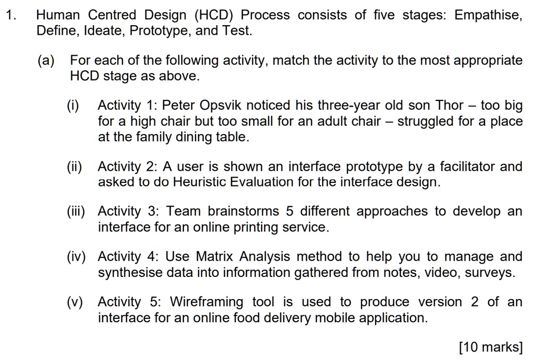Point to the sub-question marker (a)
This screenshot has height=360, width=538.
(x=46, y=60)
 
